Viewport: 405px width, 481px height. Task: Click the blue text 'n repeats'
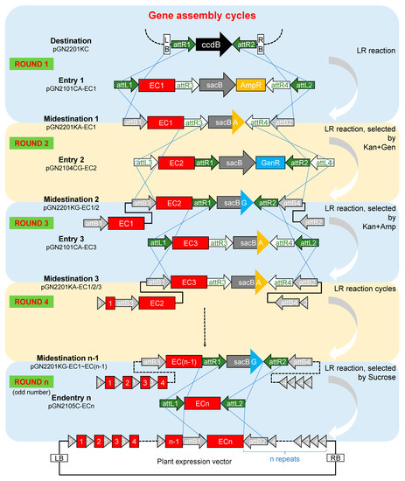[x=293, y=456]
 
